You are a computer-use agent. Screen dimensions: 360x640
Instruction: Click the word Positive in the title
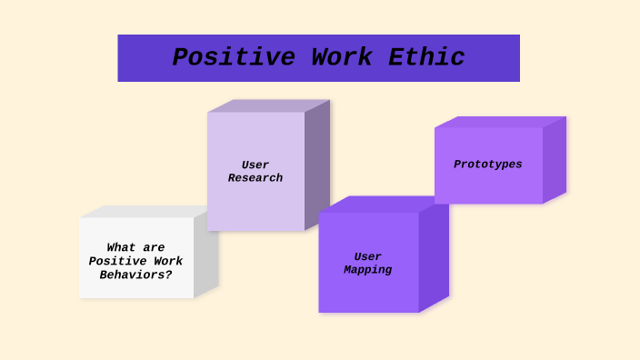(234, 57)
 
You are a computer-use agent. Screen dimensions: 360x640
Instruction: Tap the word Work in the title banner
(338, 57)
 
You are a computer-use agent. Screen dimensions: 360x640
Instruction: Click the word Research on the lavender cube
(255, 178)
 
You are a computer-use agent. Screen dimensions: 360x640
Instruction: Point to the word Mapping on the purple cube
(368, 270)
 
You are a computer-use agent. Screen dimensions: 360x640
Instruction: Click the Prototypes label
(488, 165)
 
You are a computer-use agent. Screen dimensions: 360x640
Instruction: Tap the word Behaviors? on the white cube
(135, 275)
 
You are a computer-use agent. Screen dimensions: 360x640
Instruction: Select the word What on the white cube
(122, 247)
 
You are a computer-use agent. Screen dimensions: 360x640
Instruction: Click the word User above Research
(255, 165)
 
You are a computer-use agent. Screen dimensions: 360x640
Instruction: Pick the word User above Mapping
(368, 257)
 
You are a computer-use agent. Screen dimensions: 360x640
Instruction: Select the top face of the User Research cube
(268, 105)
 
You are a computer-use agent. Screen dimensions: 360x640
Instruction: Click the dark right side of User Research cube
(317, 164)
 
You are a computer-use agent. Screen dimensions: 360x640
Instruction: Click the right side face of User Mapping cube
(434, 259)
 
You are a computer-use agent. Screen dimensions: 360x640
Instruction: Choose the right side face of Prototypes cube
(555, 160)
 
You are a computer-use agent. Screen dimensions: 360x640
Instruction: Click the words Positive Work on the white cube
(135, 261)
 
